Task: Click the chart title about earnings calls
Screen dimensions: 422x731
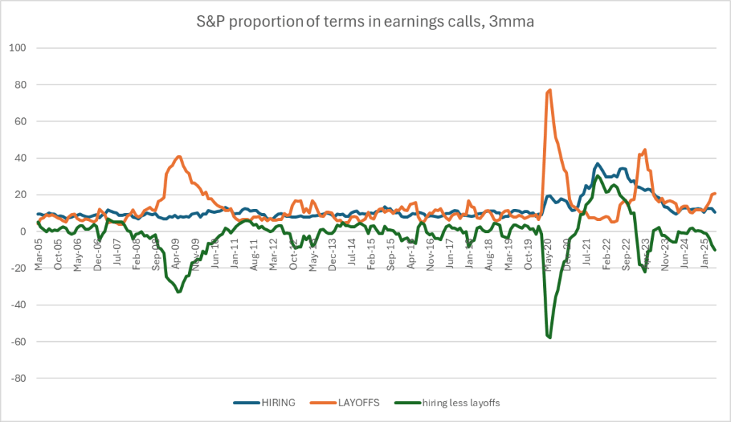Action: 365,22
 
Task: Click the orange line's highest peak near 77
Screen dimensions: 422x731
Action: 550,90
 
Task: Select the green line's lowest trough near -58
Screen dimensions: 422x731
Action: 550,337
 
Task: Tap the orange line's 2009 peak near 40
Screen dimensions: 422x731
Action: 179,157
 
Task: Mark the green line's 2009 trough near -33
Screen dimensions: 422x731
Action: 179,291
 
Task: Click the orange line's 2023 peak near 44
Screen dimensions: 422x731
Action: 645,149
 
